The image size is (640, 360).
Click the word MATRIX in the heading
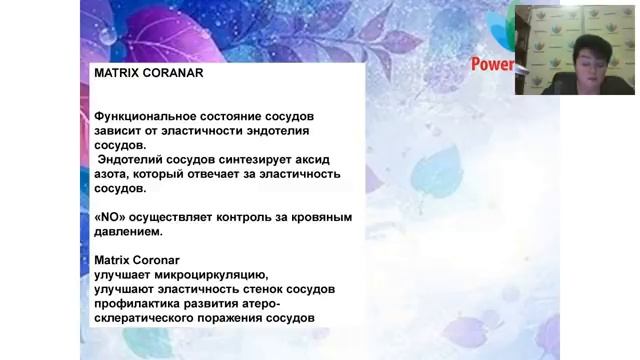tap(113, 73)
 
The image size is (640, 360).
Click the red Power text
tap(491, 65)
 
